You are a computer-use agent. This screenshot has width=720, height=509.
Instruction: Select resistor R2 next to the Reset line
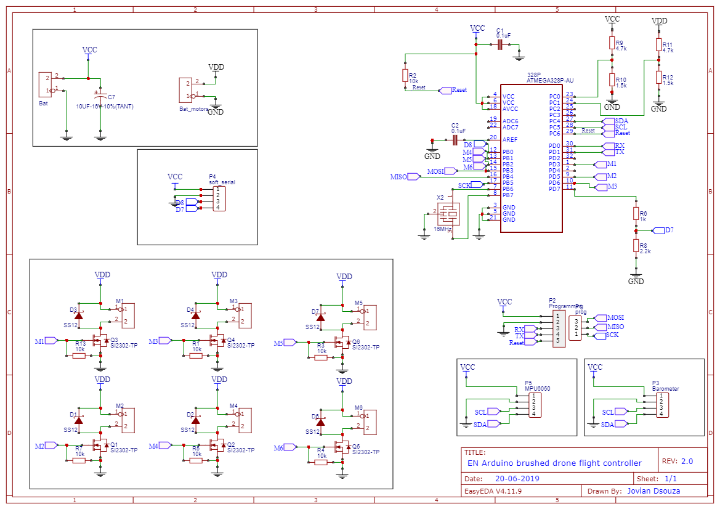click(x=405, y=75)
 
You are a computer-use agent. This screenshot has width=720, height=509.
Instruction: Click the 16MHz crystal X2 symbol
click(x=451, y=214)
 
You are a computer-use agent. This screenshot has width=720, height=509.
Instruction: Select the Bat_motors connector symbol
click(x=185, y=89)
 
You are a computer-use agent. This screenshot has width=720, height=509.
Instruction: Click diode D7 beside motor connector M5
click(x=320, y=319)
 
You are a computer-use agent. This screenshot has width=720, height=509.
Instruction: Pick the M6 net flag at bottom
click(x=285, y=448)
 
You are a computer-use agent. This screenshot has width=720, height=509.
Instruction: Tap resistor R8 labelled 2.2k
click(x=636, y=246)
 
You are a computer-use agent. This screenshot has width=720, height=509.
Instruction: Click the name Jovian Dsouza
click(x=657, y=491)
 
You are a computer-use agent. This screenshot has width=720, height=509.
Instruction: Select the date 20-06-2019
click(x=517, y=478)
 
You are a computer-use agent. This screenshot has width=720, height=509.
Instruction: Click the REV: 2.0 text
click(x=677, y=461)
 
